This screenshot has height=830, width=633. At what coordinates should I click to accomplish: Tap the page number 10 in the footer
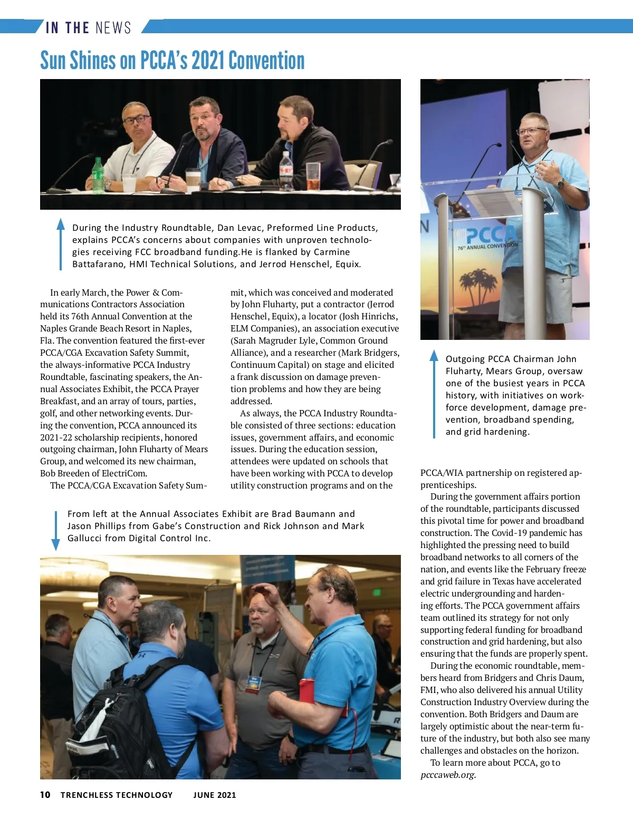pos(45,795)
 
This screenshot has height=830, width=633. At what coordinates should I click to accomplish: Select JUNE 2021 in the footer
pos(215,795)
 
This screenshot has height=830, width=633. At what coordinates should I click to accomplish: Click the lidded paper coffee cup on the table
pos(193,179)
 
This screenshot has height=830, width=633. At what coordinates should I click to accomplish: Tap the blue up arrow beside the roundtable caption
pos(61,244)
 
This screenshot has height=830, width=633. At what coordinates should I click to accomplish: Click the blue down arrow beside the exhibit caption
pos(55,530)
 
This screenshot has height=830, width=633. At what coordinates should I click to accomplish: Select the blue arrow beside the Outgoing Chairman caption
pos(434,393)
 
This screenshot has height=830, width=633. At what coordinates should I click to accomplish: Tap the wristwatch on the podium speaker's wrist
pos(560,183)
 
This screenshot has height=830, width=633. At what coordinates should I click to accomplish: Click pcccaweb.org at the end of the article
pos(448,775)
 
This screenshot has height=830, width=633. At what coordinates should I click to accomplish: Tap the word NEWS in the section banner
pos(113,27)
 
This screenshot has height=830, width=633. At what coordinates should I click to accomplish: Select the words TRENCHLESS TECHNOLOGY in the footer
pos(117,795)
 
